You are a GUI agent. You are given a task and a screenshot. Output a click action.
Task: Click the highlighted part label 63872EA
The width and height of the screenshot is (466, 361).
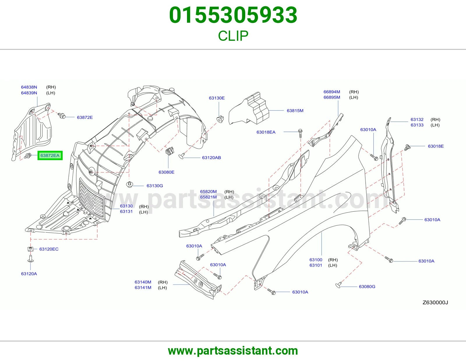50,155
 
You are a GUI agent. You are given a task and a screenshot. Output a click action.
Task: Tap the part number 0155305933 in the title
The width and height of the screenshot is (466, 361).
233,15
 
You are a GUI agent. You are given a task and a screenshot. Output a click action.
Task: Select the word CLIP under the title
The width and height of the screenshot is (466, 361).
233,36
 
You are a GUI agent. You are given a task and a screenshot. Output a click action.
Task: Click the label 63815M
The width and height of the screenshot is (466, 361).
295,111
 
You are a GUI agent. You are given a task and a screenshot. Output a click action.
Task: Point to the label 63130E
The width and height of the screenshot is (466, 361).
217,98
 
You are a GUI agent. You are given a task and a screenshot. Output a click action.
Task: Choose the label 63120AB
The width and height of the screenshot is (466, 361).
211,158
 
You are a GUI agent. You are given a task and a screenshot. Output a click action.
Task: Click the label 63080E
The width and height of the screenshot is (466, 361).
166,172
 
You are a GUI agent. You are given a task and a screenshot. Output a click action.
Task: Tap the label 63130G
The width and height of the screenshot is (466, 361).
155,186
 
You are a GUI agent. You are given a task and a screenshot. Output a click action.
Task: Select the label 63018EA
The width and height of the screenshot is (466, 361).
266,132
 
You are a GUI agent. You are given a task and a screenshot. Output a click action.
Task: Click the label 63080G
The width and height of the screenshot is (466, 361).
367,286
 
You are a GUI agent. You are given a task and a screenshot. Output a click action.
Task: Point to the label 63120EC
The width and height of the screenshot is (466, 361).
49,249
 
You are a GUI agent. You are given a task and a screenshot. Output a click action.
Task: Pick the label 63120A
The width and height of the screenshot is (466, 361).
29,274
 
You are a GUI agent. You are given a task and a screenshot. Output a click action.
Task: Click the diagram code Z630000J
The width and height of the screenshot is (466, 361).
435,302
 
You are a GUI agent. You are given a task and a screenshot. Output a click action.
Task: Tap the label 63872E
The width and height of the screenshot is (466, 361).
85,117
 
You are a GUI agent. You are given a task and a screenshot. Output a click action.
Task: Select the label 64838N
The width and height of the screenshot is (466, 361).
29,87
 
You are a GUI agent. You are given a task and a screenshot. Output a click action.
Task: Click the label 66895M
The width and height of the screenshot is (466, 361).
332,97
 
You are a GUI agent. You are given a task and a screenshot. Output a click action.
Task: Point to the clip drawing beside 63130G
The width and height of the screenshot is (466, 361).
130,184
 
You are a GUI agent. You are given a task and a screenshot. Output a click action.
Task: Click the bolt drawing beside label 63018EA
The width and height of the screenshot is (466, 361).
301,133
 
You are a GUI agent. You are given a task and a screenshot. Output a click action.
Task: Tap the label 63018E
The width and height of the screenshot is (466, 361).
436,146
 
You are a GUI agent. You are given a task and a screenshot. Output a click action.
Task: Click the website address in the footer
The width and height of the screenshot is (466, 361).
233,351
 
